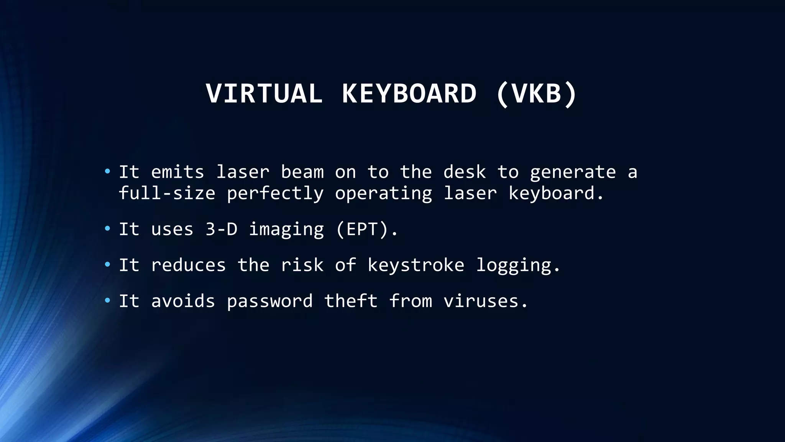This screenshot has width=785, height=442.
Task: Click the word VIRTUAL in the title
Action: tap(264, 94)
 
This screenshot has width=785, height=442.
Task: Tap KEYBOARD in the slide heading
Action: tap(409, 94)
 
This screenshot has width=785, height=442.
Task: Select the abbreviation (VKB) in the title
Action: tap(536, 94)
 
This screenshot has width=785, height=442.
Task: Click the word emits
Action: tap(177, 172)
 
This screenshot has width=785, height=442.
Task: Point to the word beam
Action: tap(302, 172)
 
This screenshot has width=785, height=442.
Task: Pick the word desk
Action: tap(465, 172)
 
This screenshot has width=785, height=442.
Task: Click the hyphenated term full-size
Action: tap(167, 193)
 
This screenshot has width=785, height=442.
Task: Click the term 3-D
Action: tap(222, 229)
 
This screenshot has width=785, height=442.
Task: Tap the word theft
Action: tap(351, 301)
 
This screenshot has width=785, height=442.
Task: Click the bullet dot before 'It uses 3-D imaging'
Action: tap(107, 229)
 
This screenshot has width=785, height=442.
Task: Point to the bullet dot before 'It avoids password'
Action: tap(107, 300)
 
